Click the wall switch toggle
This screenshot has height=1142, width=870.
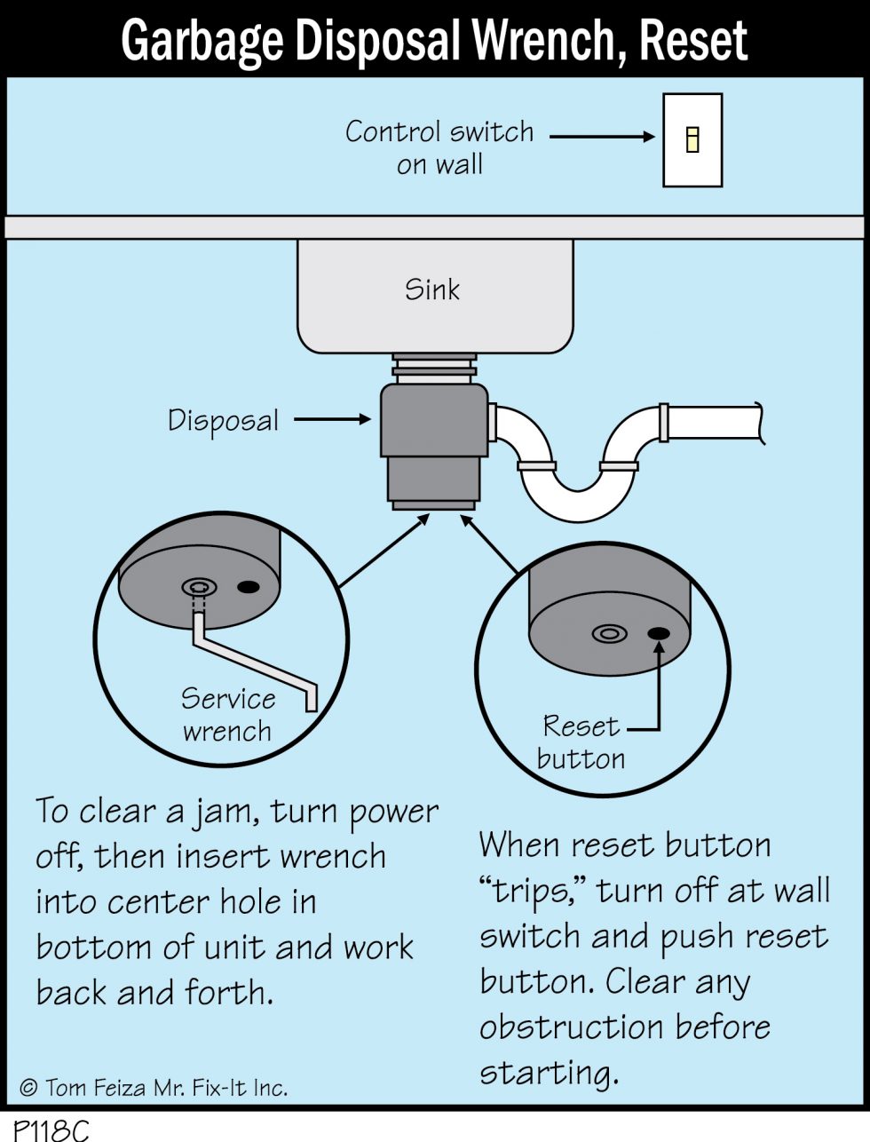(x=692, y=139)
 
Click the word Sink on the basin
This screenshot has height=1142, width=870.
(x=432, y=289)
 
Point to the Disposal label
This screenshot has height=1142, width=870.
(x=223, y=420)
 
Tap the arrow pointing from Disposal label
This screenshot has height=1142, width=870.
(x=332, y=419)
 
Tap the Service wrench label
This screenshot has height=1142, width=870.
(x=226, y=715)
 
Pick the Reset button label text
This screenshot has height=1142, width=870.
(x=581, y=742)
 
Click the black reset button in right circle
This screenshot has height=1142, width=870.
(x=659, y=633)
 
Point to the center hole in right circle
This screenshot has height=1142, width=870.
(x=609, y=634)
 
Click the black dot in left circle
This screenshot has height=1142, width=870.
(x=249, y=587)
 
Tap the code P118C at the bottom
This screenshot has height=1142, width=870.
(x=45, y=1129)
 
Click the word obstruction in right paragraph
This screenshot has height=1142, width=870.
(x=572, y=1027)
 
